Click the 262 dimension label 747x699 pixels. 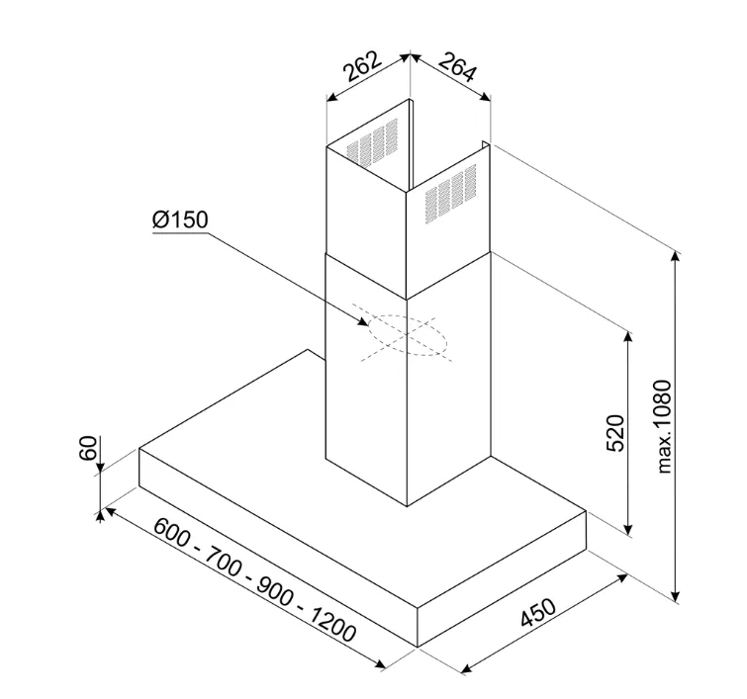[362, 65]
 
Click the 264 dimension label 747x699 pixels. [457, 66]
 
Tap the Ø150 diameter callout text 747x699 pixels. [180, 220]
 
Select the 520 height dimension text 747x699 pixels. [615, 433]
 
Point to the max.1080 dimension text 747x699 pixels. [663, 427]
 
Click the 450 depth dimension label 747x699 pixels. [538, 613]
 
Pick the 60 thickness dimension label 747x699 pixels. [88, 448]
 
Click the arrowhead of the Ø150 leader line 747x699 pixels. [363, 322]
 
